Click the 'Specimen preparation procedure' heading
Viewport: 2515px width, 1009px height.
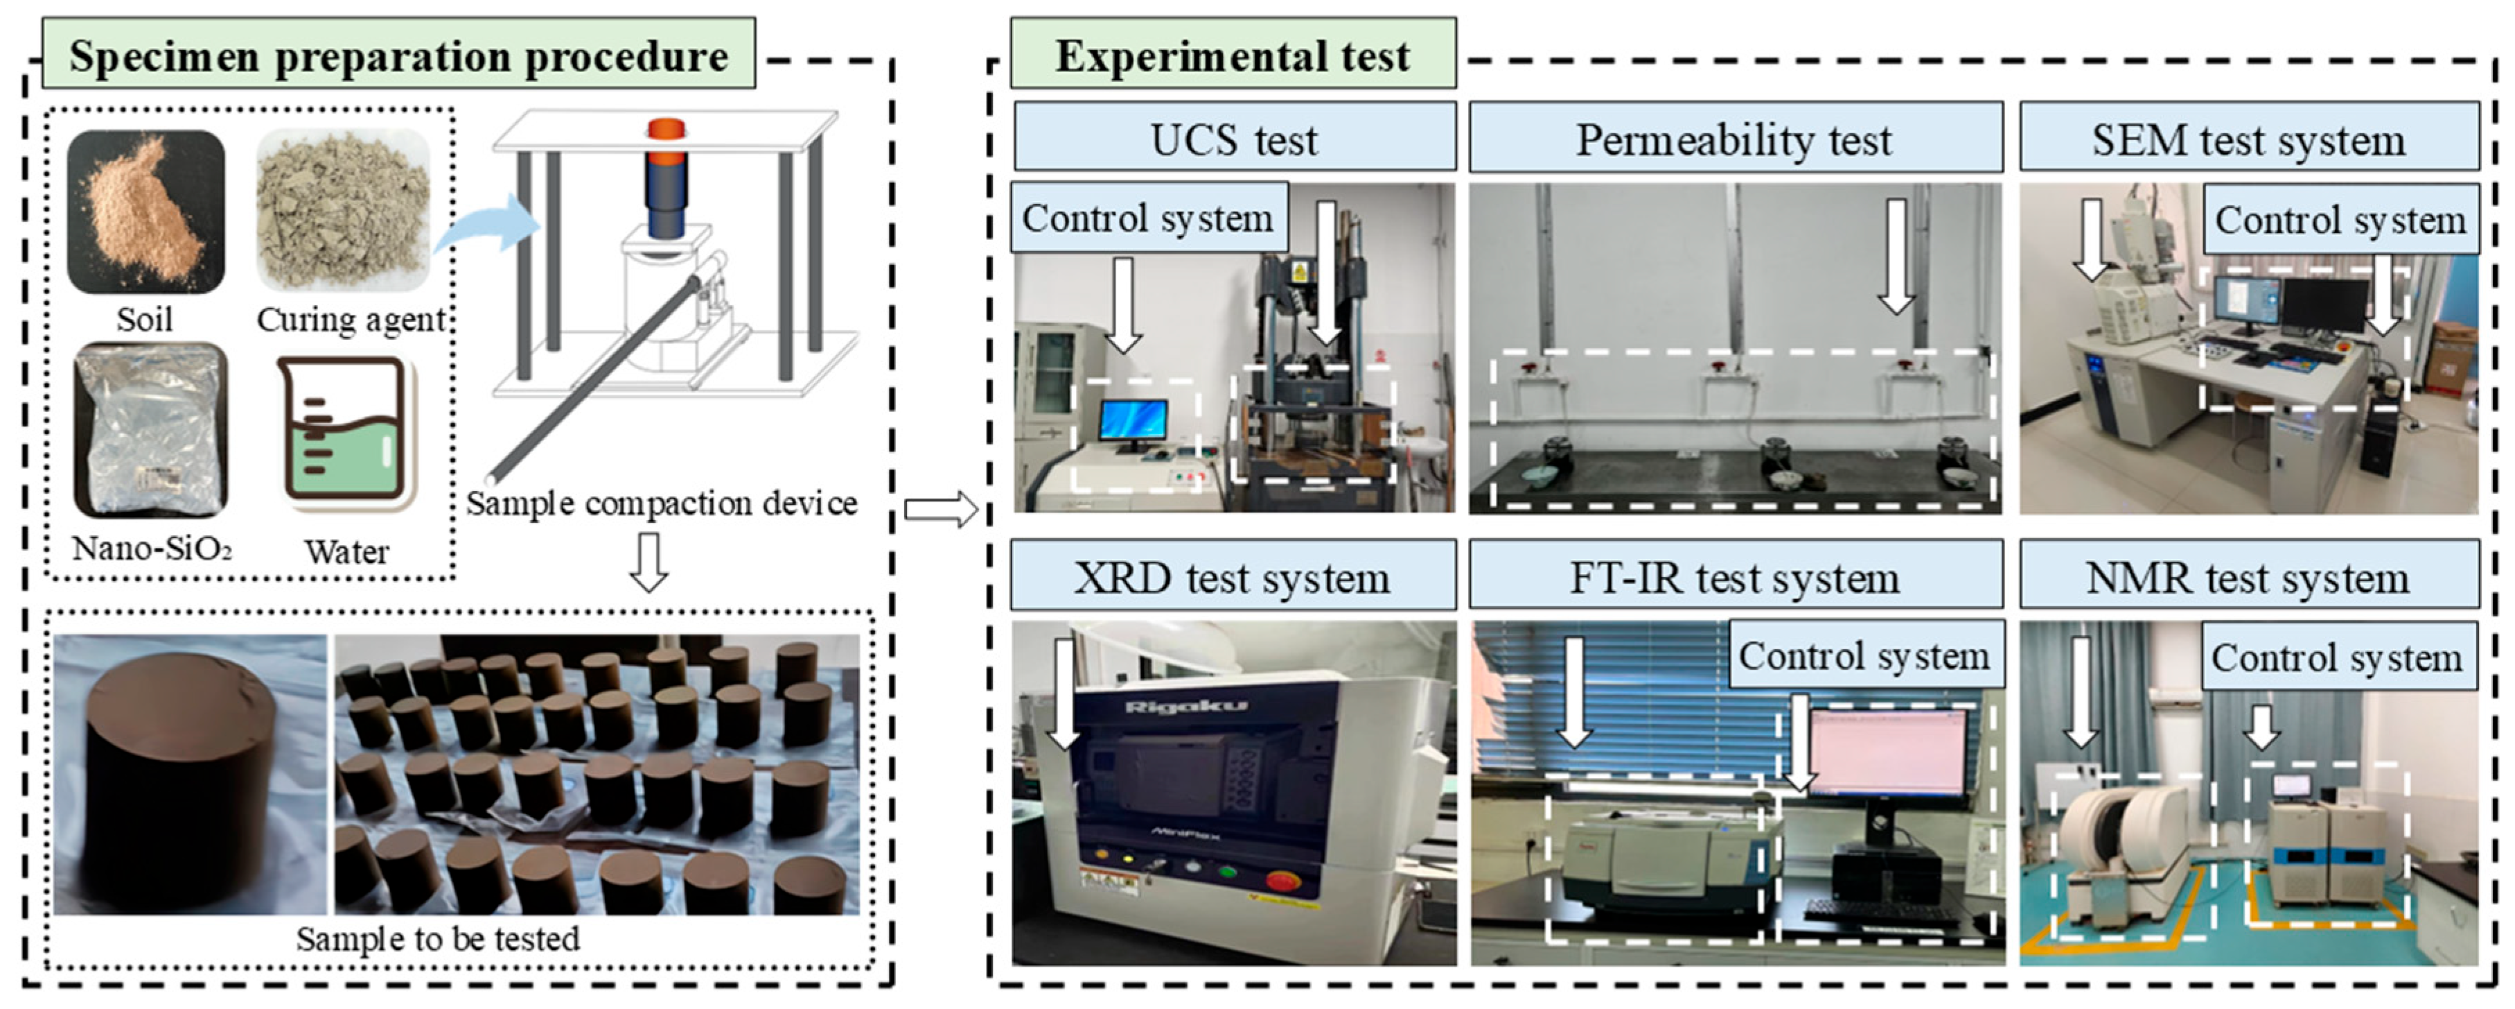398,55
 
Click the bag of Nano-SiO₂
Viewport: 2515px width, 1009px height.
150,430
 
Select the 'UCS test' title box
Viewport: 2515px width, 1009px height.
1234,139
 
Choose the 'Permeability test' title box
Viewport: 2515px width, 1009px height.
1734,139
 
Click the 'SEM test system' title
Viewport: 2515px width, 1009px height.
2248,139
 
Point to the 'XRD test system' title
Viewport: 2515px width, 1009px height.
1232,578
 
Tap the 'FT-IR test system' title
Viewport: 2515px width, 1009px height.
1734,578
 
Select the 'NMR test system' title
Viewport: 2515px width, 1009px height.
2248,578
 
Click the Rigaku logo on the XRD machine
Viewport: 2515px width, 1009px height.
1185,705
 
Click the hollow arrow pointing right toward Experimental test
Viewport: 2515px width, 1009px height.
940,509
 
